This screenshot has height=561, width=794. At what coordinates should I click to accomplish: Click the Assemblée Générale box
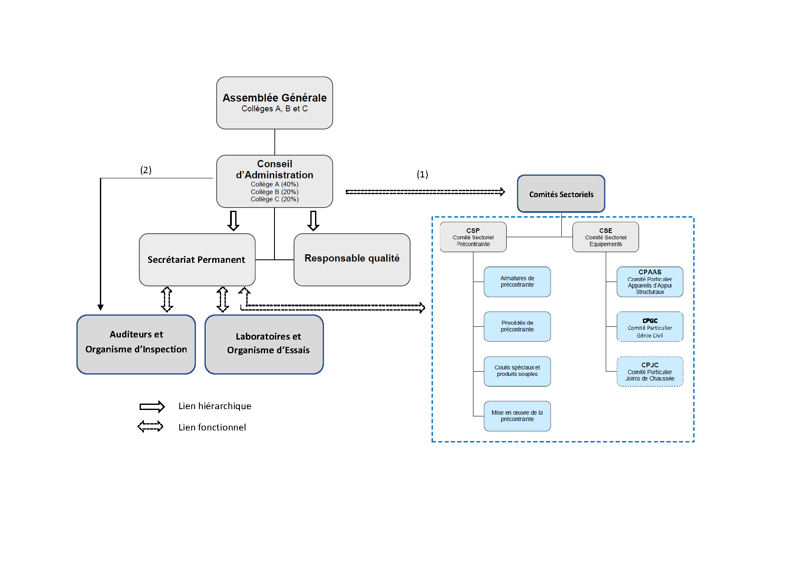(x=274, y=103)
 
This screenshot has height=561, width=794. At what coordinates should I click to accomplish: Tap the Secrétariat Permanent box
(x=197, y=259)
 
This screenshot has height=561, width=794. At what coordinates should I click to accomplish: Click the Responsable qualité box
(x=352, y=259)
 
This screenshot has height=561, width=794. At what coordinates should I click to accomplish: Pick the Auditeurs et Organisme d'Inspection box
(x=136, y=344)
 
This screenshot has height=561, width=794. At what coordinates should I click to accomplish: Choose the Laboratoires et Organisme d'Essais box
(x=264, y=344)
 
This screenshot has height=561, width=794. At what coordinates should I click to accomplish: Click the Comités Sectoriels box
(x=561, y=194)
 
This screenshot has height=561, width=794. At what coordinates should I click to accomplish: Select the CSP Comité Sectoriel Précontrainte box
(x=473, y=237)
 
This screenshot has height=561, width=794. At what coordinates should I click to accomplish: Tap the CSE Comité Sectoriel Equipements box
(x=605, y=237)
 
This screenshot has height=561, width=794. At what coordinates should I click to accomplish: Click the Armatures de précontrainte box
(x=517, y=282)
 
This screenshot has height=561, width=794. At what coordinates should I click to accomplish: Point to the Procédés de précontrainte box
(x=517, y=326)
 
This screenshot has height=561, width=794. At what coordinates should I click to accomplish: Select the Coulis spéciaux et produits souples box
(x=517, y=371)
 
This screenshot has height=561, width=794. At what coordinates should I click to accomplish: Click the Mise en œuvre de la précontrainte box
(x=517, y=416)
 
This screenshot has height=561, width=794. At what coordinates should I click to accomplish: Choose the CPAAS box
(x=650, y=282)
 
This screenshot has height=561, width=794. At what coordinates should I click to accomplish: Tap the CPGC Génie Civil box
(x=650, y=327)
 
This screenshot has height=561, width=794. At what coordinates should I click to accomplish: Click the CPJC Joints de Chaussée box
(x=650, y=372)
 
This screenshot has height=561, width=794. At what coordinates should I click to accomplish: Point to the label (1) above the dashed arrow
(x=422, y=174)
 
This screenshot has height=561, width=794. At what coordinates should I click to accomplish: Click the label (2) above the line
(x=146, y=170)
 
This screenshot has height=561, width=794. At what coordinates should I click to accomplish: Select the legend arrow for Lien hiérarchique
(x=152, y=407)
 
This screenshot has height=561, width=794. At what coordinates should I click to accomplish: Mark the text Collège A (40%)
(x=274, y=184)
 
